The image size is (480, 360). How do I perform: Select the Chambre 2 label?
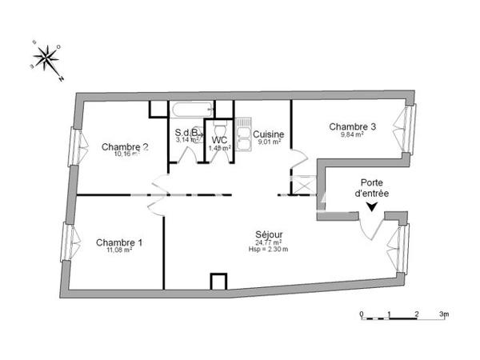pyautogui.click(x=124, y=146)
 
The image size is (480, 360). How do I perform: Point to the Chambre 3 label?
pyautogui.click(x=352, y=126)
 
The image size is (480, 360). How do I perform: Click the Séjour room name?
pyautogui.click(x=269, y=234)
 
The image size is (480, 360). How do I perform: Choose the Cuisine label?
pyautogui.click(x=268, y=134)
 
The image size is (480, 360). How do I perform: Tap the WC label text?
pyautogui.click(x=220, y=139)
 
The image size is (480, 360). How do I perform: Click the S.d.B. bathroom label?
pyautogui.click(x=189, y=133)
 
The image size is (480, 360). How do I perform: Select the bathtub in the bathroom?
pyautogui.click(x=191, y=110)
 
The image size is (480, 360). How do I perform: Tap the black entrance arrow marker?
pyautogui.click(x=371, y=207)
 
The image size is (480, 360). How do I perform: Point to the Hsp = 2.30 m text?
pyautogui.click(x=268, y=250)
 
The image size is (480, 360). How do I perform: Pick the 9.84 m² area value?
pyautogui.click(x=352, y=135)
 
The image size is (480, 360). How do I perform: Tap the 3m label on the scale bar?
pyautogui.click(x=443, y=314)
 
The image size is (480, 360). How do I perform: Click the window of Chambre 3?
pyautogui.click(x=409, y=129)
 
